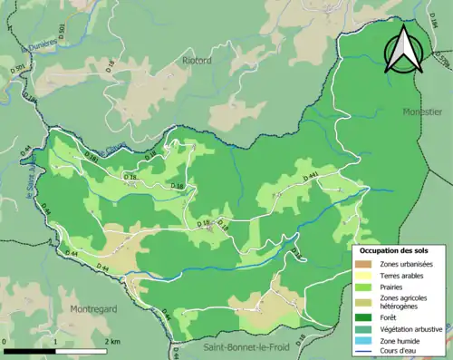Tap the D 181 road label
91,159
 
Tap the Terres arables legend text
404,274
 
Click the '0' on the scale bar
5,341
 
